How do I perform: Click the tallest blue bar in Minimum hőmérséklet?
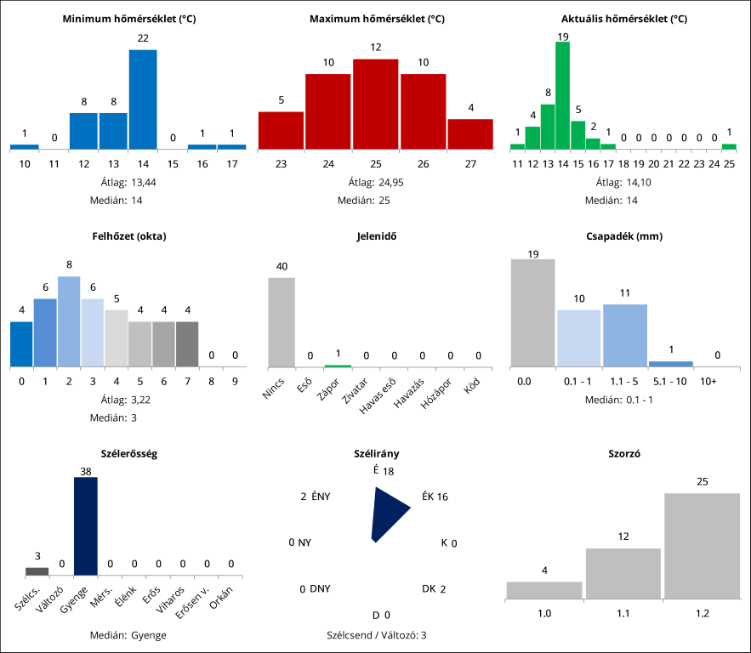point(143,99)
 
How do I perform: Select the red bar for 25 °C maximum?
point(375,104)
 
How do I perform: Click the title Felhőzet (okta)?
point(129,236)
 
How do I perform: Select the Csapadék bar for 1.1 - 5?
point(625,336)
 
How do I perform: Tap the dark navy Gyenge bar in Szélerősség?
point(86,526)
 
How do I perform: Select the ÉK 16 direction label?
point(435,497)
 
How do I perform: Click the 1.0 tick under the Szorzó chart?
point(543,612)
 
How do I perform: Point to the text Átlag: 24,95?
point(375,182)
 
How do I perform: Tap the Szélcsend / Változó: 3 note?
point(375,634)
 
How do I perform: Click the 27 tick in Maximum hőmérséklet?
point(469,163)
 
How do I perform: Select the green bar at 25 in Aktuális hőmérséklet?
point(729,146)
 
